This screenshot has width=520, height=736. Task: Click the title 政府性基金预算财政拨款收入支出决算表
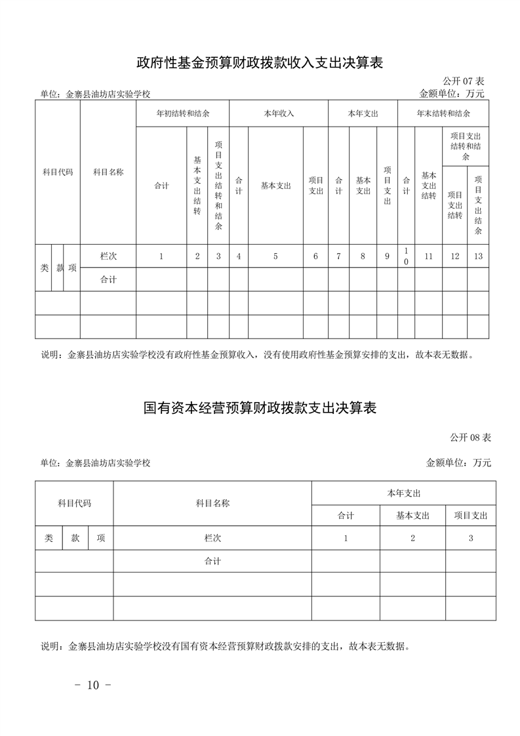(260, 63)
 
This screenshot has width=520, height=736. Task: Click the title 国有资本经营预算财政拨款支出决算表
(260, 407)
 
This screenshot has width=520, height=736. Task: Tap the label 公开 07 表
(463, 81)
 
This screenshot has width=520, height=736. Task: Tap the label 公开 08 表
(470, 437)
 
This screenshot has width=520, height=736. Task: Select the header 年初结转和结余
(182, 113)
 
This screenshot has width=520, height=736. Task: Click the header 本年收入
(279, 113)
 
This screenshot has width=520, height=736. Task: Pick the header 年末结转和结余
(443, 113)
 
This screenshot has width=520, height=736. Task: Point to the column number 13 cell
(478, 256)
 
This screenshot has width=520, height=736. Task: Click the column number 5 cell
(275, 256)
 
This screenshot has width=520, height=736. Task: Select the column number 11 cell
(428, 256)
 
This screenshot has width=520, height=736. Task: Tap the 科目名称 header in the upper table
(108, 173)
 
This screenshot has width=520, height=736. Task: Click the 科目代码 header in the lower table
(74, 504)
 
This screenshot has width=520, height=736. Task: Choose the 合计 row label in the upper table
(108, 280)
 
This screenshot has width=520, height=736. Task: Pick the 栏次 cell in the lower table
(212, 538)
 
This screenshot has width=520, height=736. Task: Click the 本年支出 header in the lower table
(403, 493)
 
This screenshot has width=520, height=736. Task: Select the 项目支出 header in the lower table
(471, 516)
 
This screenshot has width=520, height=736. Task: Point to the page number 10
(92, 685)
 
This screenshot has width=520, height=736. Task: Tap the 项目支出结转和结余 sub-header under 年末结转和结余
(466, 146)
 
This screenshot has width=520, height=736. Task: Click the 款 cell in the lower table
(75, 538)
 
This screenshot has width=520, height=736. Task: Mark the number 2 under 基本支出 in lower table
(412, 538)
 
